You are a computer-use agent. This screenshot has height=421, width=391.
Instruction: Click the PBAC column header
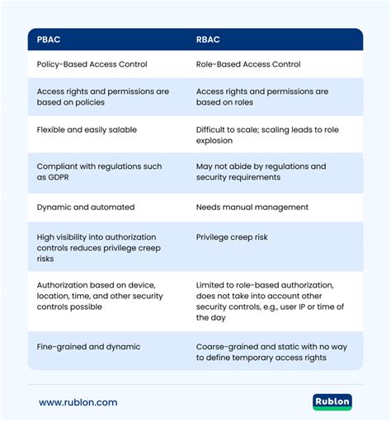click(49, 40)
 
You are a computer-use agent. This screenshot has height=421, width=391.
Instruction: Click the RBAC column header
click(208, 40)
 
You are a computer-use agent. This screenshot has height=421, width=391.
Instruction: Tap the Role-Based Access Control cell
click(248, 63)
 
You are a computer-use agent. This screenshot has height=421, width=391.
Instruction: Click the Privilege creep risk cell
click(233, 236)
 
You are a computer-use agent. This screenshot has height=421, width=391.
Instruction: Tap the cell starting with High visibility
click(99, 247)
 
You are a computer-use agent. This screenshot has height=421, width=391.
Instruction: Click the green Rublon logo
click(332, 402)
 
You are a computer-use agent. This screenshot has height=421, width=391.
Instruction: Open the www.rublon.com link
click(78, 402)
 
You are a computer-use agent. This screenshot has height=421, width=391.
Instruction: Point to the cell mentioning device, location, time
click(101, 295)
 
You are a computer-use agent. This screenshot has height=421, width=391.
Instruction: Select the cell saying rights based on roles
click(261, 96)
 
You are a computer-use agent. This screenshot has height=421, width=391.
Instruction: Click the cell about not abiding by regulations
click(261, 171)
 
